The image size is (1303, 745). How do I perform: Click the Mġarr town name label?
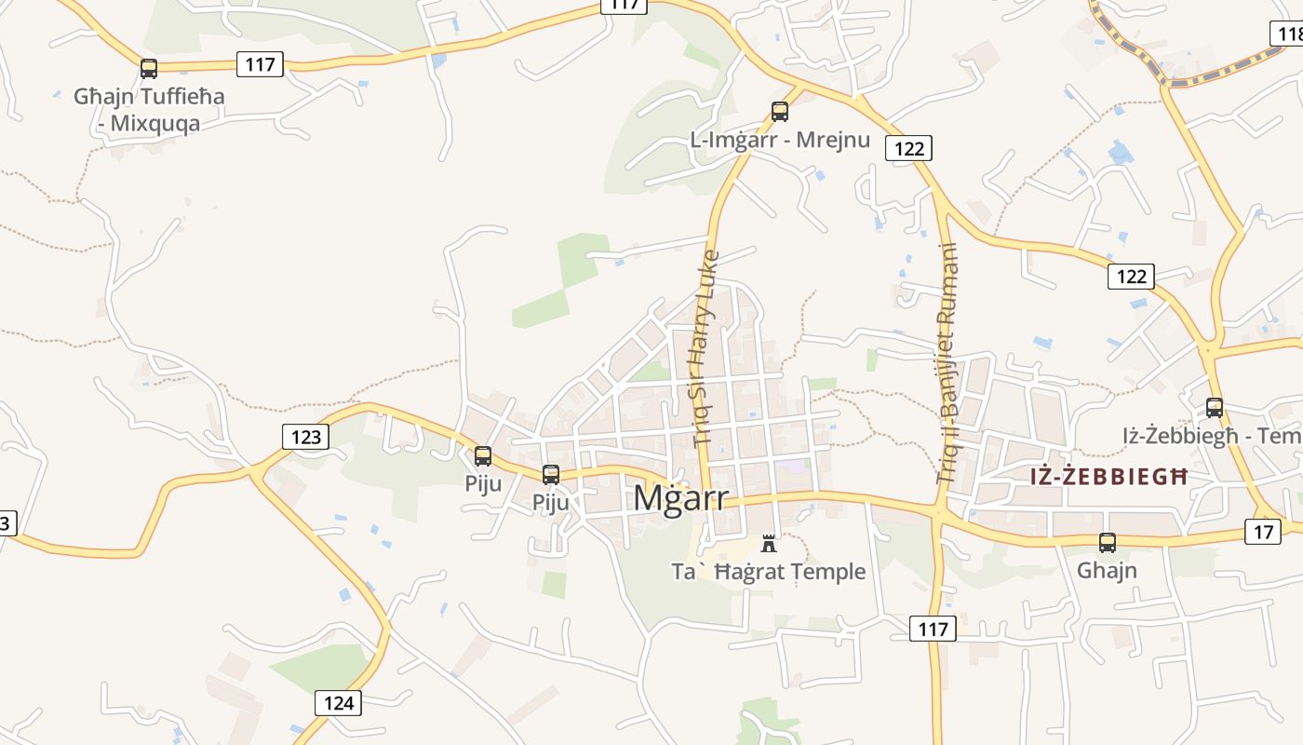click(x=680, y=498)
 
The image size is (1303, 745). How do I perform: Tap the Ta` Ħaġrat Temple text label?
click(x=769, y=571)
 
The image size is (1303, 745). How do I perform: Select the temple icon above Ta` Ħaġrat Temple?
click(x=769, y=543)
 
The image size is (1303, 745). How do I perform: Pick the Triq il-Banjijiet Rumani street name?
click(x=947, y=363)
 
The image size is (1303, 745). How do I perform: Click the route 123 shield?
click(x=305, y=436)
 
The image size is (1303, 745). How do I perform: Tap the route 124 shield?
click(x=338, y=702)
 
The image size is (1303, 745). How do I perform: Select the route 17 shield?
click(x=1262, y=532)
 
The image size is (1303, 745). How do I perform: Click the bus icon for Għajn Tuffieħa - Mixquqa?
click(x=149, y=68)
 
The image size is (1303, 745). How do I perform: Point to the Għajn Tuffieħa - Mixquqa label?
click(x=149, y=109)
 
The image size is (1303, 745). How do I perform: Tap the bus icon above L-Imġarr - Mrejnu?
click(x=780, y=112)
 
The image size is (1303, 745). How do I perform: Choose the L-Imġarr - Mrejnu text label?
click(x=780, y=140)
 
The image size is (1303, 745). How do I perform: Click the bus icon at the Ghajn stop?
click(x=1108, y=543)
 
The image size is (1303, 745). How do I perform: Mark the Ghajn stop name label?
click(x=1108, y=570)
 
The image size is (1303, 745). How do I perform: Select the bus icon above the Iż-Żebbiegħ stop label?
click(x=1215, y=407)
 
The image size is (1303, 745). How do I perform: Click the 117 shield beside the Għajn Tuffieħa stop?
click(x=261, y=64)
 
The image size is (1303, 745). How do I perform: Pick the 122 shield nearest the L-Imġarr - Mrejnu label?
click(x=908, y=148)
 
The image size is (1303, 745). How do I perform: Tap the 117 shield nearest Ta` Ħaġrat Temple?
click(x=933, y=630)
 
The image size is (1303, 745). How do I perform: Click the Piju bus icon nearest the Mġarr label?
click(x=551, y=475)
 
